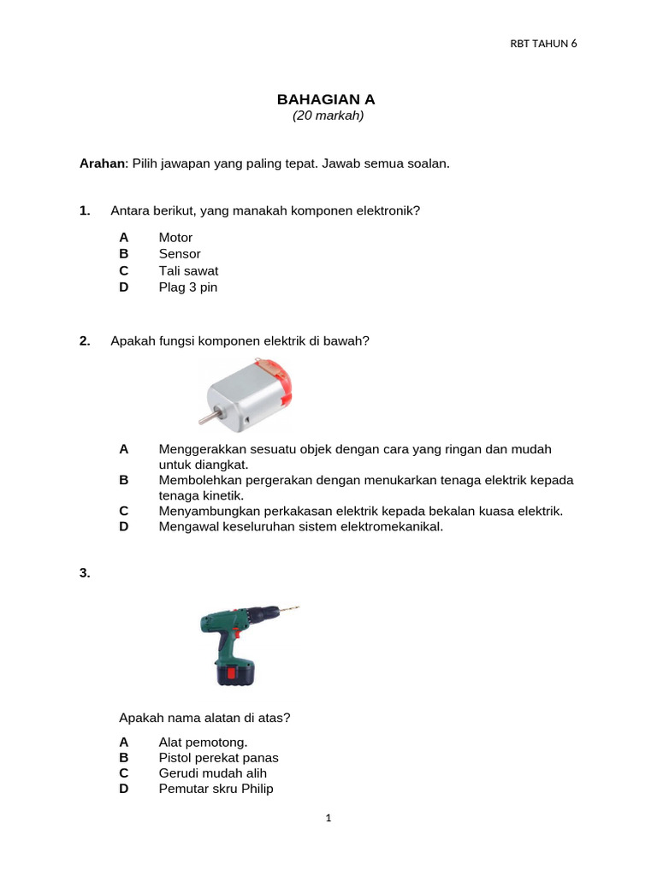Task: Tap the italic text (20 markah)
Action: point(328,116)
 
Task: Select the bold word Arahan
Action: point(102,163)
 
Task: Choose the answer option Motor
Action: point(175,237)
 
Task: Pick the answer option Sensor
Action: point(180,254)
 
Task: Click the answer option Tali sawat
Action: point(188,270)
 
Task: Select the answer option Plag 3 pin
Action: point(188,287)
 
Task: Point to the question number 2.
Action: point(85,340)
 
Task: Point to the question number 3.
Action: point(85,574)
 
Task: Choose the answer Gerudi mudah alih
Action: point(213,773)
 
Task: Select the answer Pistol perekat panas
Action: point(218,758)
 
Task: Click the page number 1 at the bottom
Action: point(328,818)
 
